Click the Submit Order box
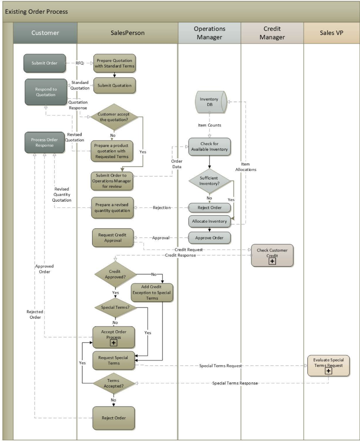[45, 63]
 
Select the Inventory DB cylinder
[210, 102]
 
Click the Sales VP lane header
[332, 33]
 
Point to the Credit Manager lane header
[272, 33]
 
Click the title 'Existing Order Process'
[36, 12]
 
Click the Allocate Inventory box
[210, 221]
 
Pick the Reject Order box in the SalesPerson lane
[114, 418]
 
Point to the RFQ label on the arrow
[80, 63]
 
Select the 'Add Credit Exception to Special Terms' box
[151, 292]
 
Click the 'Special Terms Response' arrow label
[235, 383]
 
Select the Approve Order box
[210, 237]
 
